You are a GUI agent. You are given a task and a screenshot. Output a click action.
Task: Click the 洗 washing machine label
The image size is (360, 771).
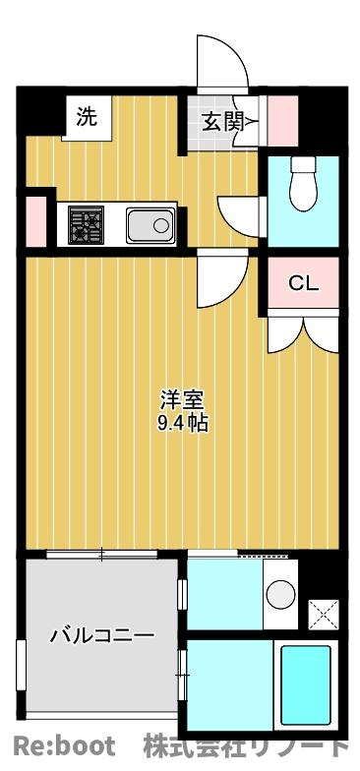coord(87,118)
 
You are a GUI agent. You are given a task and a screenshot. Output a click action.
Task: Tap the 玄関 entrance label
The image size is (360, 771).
coord(222,123)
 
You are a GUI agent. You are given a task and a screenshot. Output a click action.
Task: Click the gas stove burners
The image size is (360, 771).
coord(87,224)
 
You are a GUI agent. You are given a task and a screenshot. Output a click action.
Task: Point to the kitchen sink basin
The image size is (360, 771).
coord(150,225)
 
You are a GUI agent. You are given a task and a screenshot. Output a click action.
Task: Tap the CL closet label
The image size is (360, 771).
coord(303,283)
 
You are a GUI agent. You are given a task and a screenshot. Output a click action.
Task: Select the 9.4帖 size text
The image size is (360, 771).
coord(182,423)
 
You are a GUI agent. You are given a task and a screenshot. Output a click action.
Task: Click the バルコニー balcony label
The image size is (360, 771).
coord(102,635)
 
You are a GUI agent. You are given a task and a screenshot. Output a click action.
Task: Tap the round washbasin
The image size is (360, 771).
coord(281,594)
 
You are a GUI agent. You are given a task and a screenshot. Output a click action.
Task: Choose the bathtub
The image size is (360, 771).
coord(305,685)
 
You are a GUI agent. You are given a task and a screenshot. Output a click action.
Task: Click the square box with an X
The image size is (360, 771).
coord(323,614)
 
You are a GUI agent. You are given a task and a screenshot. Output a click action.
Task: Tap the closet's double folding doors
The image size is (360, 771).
coord(303,334)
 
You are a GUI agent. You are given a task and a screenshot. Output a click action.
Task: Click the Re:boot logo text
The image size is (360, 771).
coord(64,745)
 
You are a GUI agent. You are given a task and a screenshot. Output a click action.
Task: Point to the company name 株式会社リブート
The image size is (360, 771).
coord(245,745)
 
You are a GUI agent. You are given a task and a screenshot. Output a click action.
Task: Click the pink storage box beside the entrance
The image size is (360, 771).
coord(283,121)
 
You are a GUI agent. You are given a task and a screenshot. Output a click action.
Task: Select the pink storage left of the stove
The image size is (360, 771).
coord(35,221)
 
